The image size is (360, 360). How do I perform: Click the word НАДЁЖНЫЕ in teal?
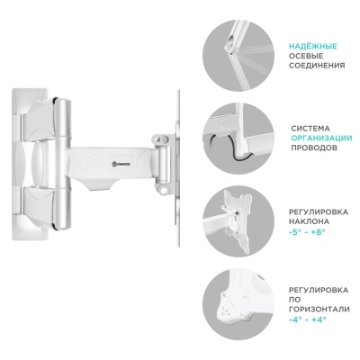pos(313,47)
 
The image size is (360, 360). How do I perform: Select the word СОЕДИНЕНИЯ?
pos(317,66)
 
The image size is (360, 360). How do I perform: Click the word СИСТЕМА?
pos(310,129)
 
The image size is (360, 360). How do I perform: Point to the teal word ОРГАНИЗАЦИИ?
pos(321,139)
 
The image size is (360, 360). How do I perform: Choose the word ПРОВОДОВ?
pos(314,148)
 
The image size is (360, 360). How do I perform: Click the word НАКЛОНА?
pos(310,221)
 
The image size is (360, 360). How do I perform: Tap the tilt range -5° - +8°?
pos(307,231)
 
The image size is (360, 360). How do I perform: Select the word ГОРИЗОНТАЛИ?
pos(319,310)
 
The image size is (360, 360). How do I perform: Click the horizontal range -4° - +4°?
pos(307,319)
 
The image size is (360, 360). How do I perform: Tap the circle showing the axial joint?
pos(238,54)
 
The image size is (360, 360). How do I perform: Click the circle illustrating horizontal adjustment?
pos(238,304)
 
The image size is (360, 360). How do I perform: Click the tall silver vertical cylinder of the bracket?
pos(63,165)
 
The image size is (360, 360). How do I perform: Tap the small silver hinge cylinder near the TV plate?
pos(162,162)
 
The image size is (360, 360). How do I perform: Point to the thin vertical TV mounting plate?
pos(177,168)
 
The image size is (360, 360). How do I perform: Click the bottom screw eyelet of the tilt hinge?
pos(164,191)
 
